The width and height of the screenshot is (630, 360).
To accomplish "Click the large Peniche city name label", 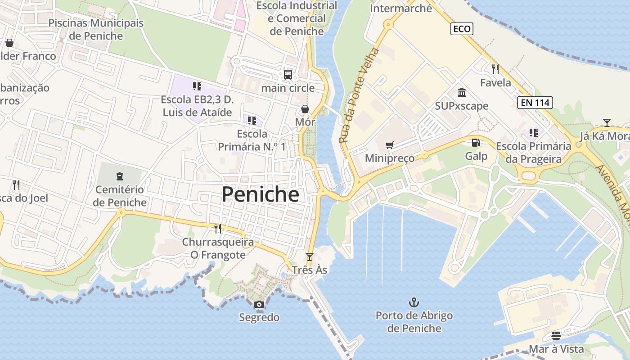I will click(260, 194).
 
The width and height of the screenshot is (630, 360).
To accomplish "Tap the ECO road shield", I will click(462, 29).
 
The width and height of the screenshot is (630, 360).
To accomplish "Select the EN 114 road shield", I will click(535, 103).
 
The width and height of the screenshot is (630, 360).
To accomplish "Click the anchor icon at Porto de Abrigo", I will click(414, 302).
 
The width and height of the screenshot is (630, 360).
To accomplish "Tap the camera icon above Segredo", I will click(259, 305).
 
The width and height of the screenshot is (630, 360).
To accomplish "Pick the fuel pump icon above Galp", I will click(476, 143).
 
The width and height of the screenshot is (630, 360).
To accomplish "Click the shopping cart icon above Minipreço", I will click(390, 145).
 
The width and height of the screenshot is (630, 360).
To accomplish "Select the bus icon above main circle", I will click(288, 75).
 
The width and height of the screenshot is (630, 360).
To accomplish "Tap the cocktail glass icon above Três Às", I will click(309, 257).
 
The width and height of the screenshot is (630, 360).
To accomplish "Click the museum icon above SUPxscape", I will click(462, 93).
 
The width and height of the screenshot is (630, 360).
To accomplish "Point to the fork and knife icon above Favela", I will click(495, 69).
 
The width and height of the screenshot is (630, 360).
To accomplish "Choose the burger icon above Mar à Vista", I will click(556, 336).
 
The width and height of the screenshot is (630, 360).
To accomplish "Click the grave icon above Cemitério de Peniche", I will click(120, 176).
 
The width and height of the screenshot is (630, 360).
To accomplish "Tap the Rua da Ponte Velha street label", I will click(359, 95).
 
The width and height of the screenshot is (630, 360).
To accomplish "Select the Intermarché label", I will click(400, 8).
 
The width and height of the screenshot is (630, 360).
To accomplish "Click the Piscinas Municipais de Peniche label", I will click(96, 29).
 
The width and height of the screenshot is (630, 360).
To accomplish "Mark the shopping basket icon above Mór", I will click(305, 109).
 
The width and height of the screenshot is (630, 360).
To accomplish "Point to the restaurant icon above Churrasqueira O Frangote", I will click(218, 229).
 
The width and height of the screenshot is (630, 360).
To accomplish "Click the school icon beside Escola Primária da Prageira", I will click(534, 133).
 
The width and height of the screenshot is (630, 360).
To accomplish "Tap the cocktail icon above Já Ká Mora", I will click(607, 122).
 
